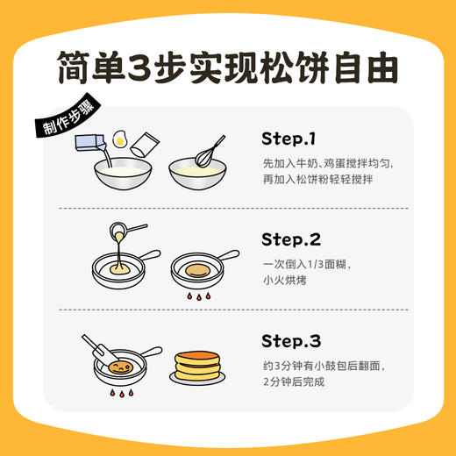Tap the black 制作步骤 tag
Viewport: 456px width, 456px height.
click(x=68, y=119)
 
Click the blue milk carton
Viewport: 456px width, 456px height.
click(x=98, y=146)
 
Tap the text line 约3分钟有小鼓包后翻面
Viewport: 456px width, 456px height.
click(x=324, y=364)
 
